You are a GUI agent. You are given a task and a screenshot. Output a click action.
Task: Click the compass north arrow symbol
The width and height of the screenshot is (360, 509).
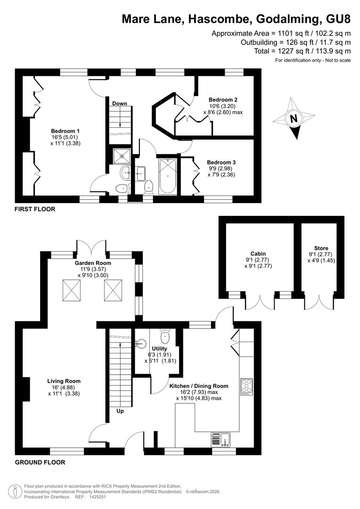tap(294, 118)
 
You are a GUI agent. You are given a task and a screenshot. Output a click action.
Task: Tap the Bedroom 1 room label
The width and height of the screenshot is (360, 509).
tap(65, 131)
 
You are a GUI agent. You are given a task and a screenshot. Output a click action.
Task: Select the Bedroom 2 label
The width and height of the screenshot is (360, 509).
tap(223, 99)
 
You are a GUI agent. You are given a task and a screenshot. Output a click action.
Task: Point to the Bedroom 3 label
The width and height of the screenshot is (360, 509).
tap(221, 162)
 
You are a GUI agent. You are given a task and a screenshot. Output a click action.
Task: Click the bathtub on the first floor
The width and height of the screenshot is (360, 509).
tap(168, 176)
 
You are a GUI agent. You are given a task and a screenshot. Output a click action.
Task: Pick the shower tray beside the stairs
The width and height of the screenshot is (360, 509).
tap(122, 156)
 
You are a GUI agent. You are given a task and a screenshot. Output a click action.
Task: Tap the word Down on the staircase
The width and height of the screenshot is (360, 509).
tap(120, 104)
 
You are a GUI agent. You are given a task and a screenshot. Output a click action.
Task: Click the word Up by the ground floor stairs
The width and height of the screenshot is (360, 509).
tap(120, 411)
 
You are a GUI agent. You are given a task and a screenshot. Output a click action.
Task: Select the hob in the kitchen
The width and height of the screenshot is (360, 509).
tap(247, 386)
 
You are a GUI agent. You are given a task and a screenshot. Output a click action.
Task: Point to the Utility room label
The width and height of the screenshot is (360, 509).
tap(159, 349)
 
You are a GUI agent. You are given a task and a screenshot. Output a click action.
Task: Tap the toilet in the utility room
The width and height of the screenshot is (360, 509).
tap(165, 337)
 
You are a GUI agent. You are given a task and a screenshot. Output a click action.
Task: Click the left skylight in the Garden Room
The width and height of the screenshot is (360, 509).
tap(72, 290)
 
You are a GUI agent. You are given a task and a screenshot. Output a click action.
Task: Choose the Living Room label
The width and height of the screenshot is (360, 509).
tap(64, 381)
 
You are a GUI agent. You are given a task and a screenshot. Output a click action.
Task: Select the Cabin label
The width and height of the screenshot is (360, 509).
tap(258, 254)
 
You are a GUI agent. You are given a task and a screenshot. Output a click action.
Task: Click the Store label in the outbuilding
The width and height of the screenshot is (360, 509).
tap(321, 248)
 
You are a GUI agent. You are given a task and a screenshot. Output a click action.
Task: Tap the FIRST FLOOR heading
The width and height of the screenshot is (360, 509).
tap(35, 209)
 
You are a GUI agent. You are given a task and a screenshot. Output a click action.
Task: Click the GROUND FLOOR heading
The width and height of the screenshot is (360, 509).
tap(40, 462)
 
